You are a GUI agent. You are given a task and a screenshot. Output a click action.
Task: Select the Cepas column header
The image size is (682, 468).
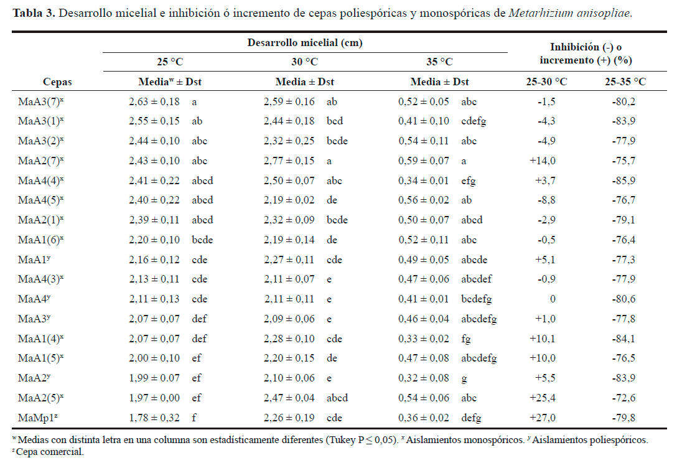pyautogui.click(x=57, y=82)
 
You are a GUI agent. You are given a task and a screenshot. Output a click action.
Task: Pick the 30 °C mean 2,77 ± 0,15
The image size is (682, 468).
pyautogui.click(x=289, y=161)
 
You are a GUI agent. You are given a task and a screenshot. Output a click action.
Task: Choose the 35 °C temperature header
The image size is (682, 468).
pyautogui.click(x=439, y=62)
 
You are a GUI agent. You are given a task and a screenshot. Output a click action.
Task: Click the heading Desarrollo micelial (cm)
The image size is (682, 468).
pyautogui.click(x=305, y=43)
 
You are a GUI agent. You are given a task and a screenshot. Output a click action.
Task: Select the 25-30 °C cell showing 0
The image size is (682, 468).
pyautogui.click(x=552, y=299)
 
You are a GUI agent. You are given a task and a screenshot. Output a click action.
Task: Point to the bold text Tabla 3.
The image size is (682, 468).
pyautogui.click(x=33, y=13)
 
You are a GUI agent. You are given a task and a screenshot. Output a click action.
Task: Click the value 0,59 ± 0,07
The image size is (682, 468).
pyautogui.click(x=424, y=161)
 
